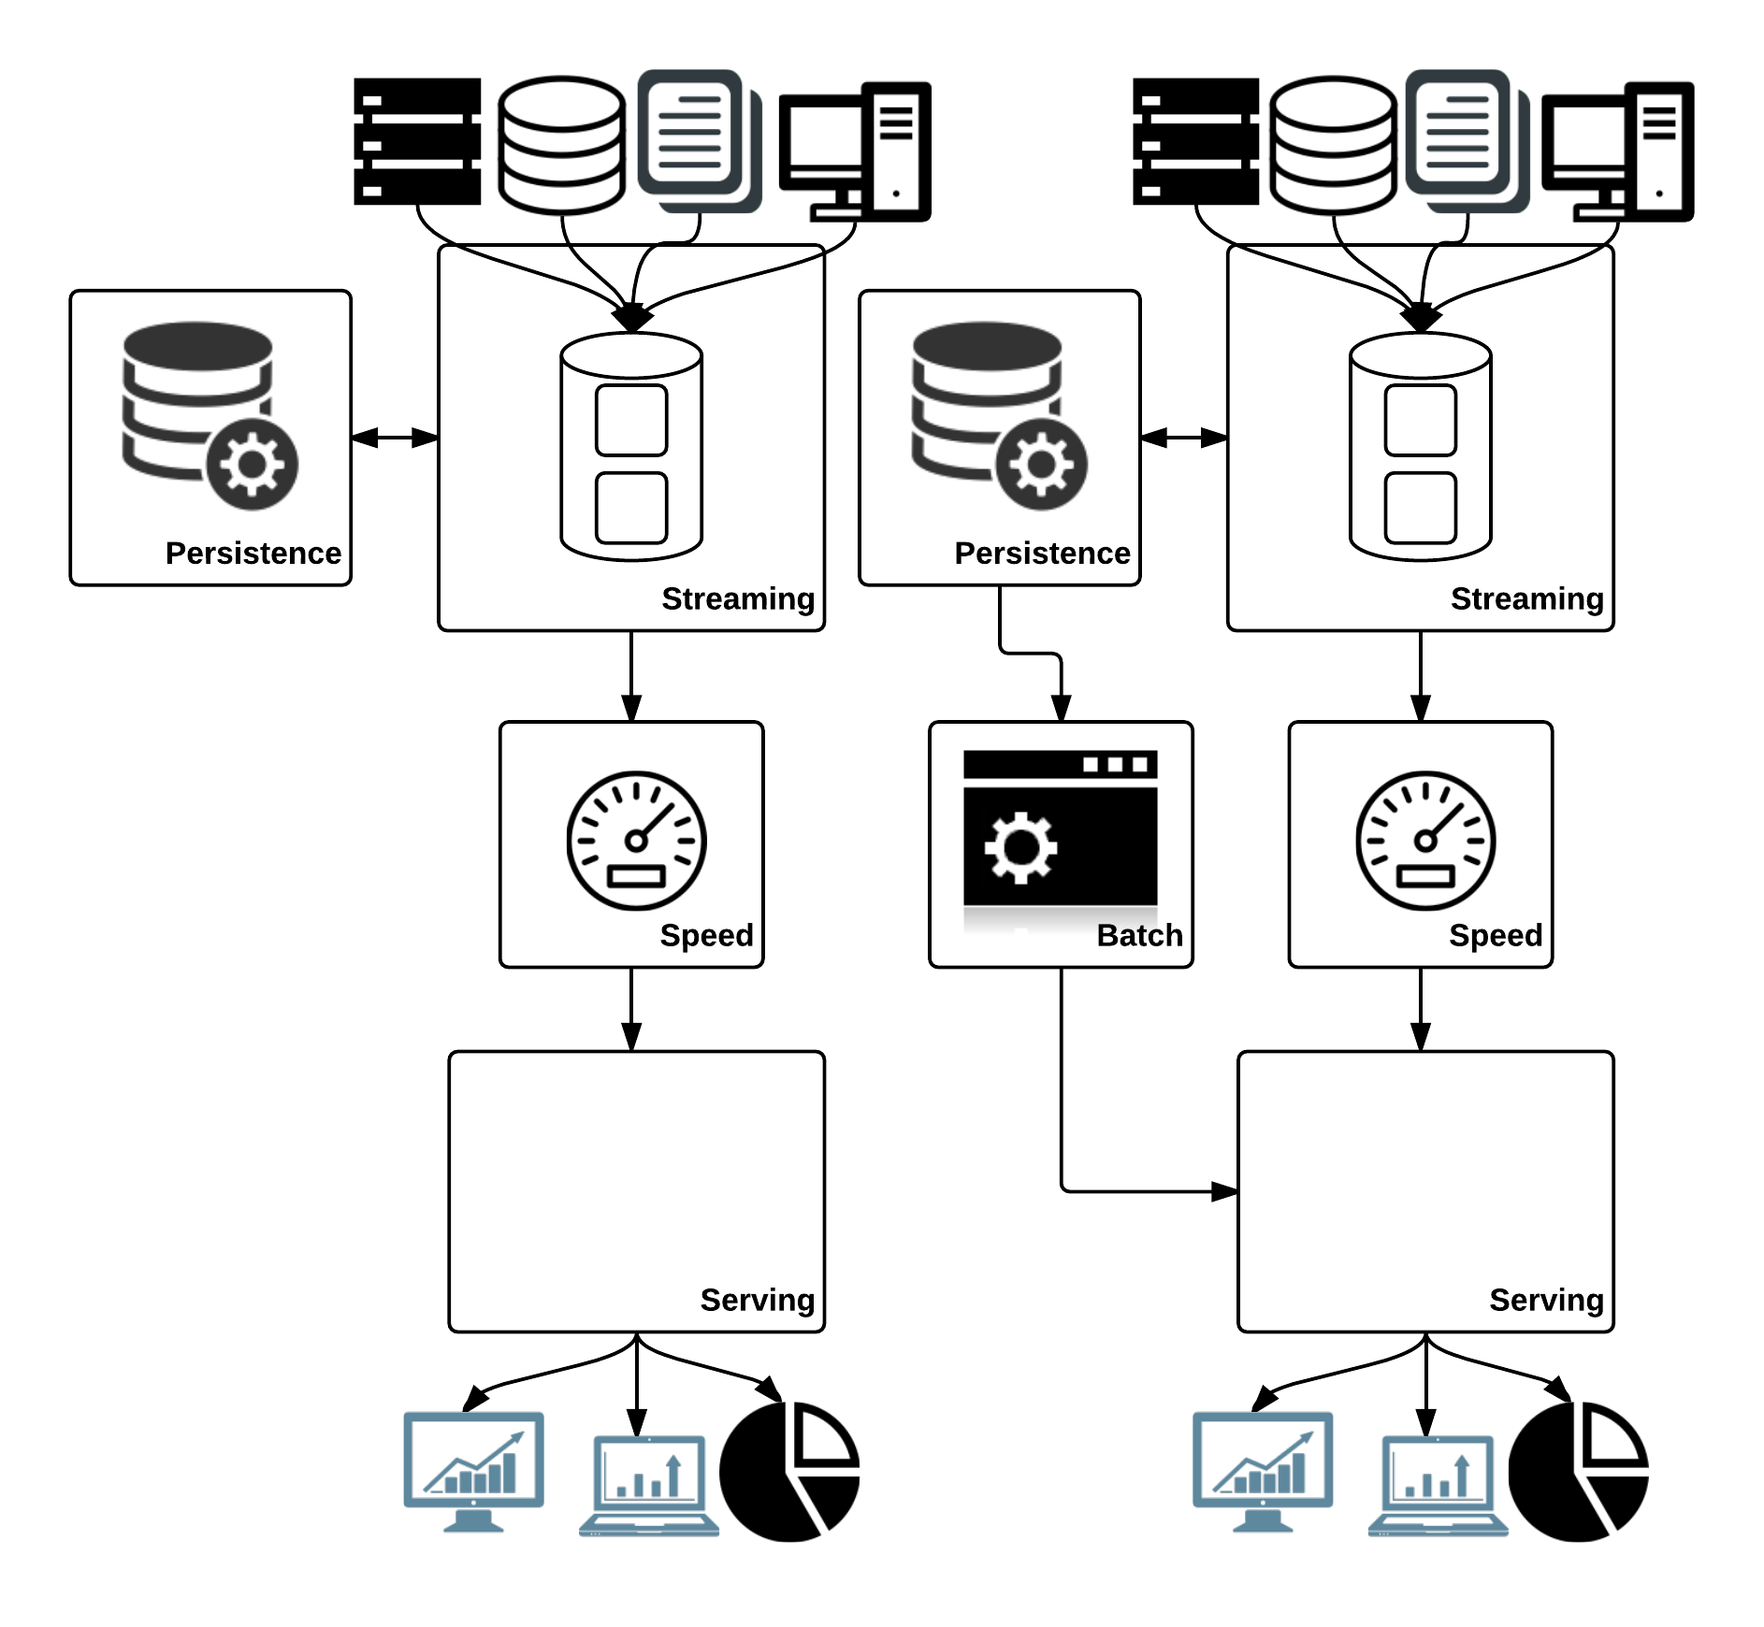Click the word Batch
click(x=1139, y=935)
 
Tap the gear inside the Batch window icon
click(x=1020, y=847)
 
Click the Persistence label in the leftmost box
click(x=253, y=554)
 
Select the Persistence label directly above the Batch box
click(x=1042, y=554)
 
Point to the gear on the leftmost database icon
click(x=252, y=464)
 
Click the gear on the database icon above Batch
click(x=1041, y=464)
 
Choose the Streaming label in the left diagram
click(x=738, y=598)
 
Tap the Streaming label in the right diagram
click(x=1526, y=598)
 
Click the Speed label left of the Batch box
click(x=706, y=935)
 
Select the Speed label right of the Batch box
click(x=1496, y=935)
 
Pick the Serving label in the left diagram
click(x=758, y=1300)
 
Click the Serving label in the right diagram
click(x=1546, y=1300)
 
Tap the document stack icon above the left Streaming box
click(x=699, y=140)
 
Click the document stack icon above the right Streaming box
click(x=1467, y=140)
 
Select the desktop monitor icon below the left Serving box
click(x=473, y=1470)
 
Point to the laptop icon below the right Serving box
click(x=1439, y=1485)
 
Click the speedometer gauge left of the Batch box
click(x=636, y=841)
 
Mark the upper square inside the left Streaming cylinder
click(x=631, y=420)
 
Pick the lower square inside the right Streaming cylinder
click(x=1421, y=508)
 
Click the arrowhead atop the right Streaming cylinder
click(x=1421, y=319)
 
